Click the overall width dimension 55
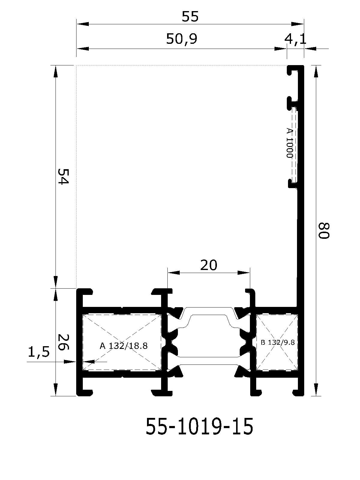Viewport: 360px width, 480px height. coord(190,16)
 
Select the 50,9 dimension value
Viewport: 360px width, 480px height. coord(181,39)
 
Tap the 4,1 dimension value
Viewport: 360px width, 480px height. coord(295,39)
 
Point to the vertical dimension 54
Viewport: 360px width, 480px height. coord(63,176)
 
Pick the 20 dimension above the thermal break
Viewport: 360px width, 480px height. coord(209,265)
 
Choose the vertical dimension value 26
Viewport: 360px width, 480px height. coord(63,343)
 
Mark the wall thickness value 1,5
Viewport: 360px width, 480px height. coord(39,352)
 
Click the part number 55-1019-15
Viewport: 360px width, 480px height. coord(199,426)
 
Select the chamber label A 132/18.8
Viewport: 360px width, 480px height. coord(124,346)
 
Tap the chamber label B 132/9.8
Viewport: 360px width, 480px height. coord(277,342)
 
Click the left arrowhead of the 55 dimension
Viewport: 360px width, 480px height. coord(82,24)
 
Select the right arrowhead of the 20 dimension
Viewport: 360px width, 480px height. coord(244,273)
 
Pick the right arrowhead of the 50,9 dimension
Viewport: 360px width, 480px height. coord(281,49)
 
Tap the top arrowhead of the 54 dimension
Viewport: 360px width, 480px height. coord(56,71)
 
